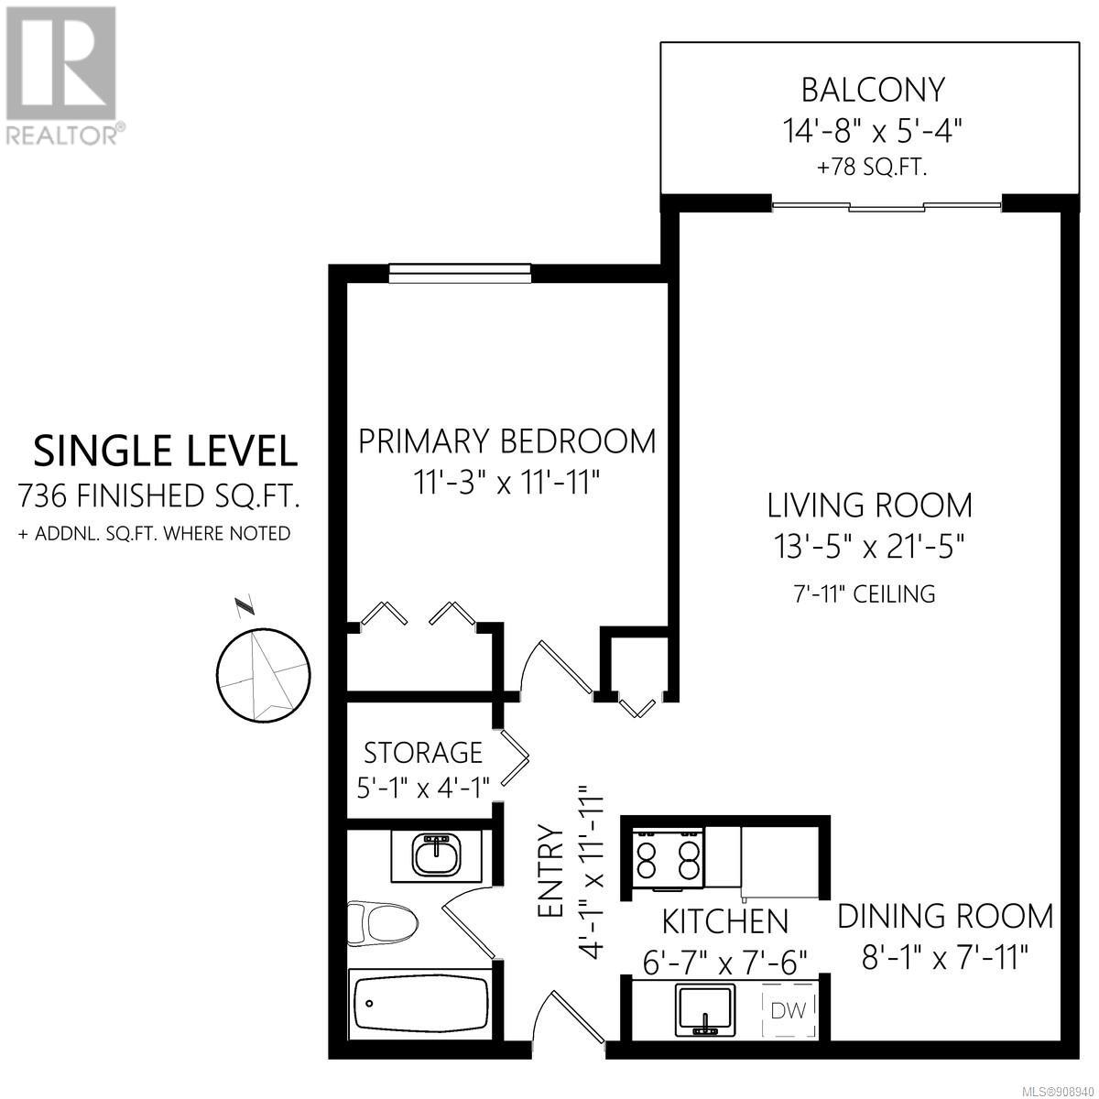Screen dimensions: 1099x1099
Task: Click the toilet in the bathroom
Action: pos(382,921)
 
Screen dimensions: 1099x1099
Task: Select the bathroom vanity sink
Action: pos(436,854)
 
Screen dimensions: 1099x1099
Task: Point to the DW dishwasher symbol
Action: pos(789,1010)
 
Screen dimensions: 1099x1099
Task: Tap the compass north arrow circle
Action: pos(263,676)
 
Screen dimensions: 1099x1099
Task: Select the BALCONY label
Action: pos(873,90)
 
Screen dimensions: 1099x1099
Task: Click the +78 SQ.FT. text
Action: pos(872,168)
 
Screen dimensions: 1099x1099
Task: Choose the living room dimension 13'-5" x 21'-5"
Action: pos(869,547)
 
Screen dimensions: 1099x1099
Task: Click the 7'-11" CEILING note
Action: pos(865,594)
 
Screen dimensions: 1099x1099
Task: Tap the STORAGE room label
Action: pos(423,753)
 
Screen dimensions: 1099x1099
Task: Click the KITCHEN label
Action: pos(724,921)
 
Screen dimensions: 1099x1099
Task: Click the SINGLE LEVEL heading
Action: pos(166,452)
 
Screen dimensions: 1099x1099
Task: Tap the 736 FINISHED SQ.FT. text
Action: pos(159,495)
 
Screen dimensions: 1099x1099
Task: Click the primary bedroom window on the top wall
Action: pos(459,273)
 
